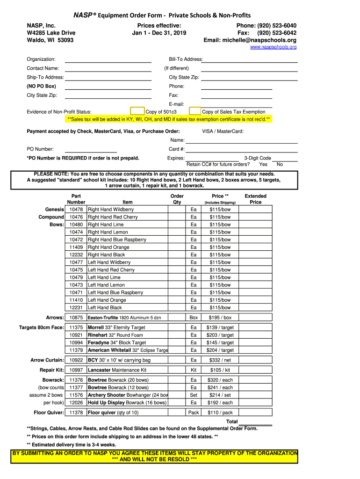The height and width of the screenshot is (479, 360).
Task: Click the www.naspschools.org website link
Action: click(x=273, y=47)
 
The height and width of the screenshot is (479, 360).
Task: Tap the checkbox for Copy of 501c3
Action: click(x=137, y=111)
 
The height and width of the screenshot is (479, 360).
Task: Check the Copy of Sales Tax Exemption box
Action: click(x=195, y=111)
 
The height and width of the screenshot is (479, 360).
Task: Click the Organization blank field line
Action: click(x=108, y=60)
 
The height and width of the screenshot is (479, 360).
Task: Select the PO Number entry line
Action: click(x=90, y=150)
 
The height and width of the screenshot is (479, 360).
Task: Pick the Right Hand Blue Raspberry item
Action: click(x=117, y=239)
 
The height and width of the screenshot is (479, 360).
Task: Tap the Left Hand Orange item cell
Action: click(x=107, y=300)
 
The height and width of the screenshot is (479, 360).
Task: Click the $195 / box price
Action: click(x=220, y=318)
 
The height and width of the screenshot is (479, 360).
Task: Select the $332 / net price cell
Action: click(x=220, y=360)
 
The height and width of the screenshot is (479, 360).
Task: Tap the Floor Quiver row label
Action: click(x=49, y=413)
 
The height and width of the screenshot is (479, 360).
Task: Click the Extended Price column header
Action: click(x=255, y=199)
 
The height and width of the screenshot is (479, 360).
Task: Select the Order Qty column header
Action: click(x=177, y=199)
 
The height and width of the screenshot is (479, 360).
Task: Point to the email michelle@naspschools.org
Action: click(x=250, y=40)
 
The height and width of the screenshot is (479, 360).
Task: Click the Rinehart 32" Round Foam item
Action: click(x=115, y=335)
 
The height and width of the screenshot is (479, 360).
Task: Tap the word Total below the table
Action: click(x=232, y=421)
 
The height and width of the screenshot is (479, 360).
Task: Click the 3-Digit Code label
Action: click(x=257, y=158)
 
